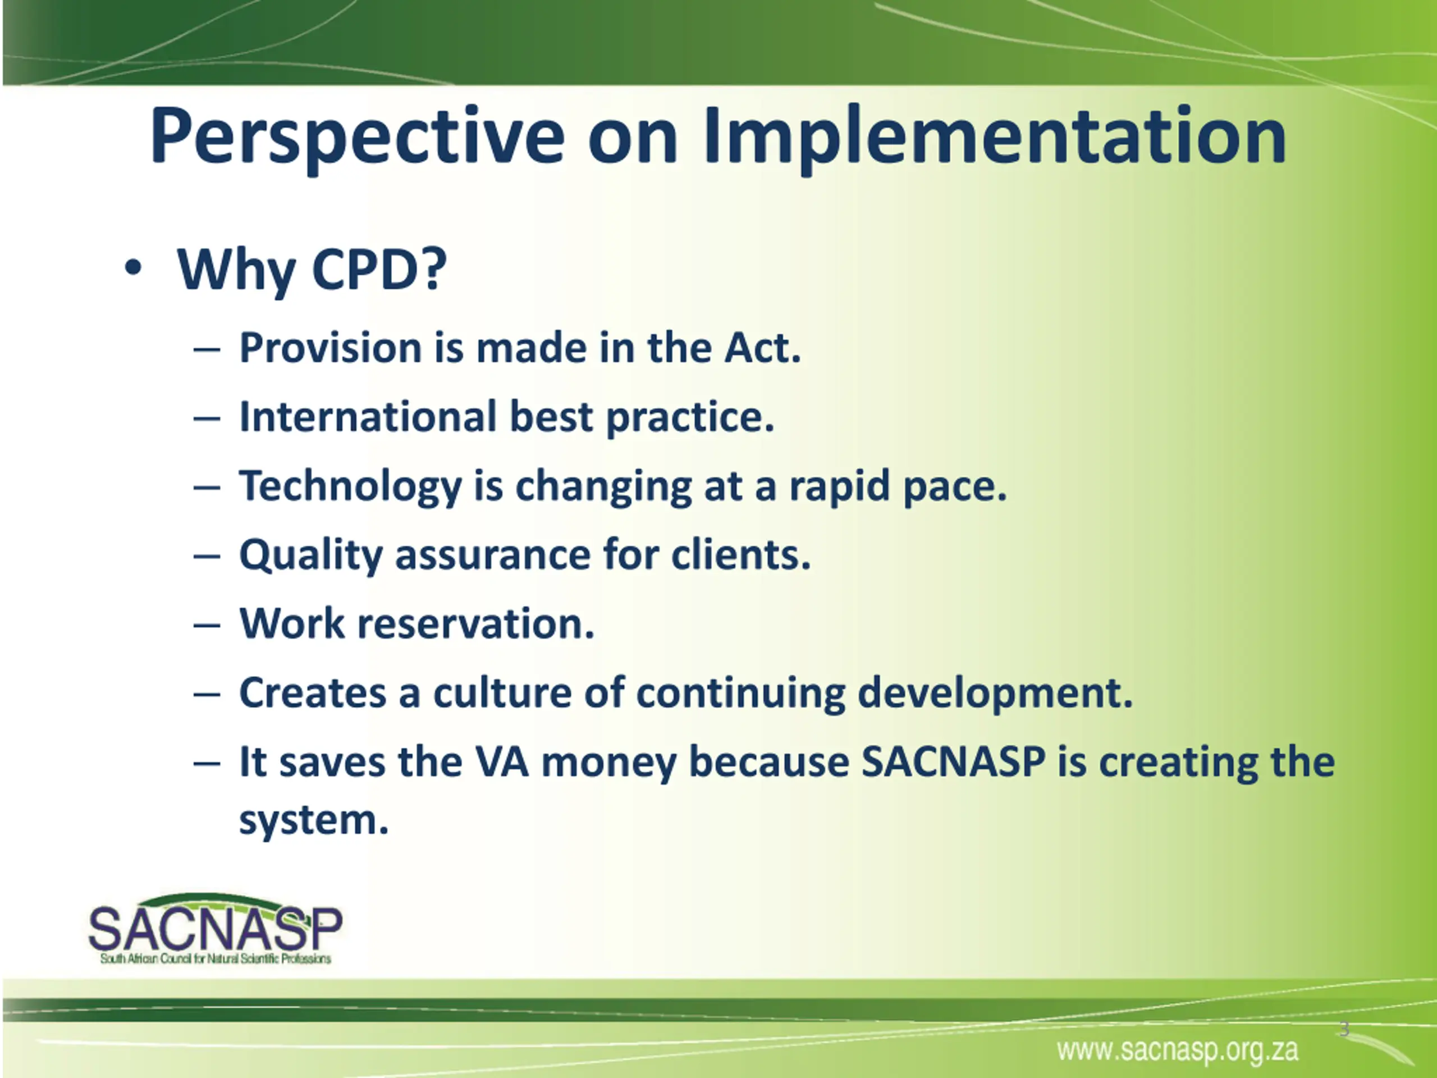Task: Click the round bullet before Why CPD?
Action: click(132, 268)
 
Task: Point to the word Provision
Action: click(331, 348)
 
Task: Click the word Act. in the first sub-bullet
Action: click(763, 348)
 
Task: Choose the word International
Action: click(368, 417)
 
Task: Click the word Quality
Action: click(311, 556)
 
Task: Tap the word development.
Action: click(995, 694)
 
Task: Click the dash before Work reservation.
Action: click(207, 625)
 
